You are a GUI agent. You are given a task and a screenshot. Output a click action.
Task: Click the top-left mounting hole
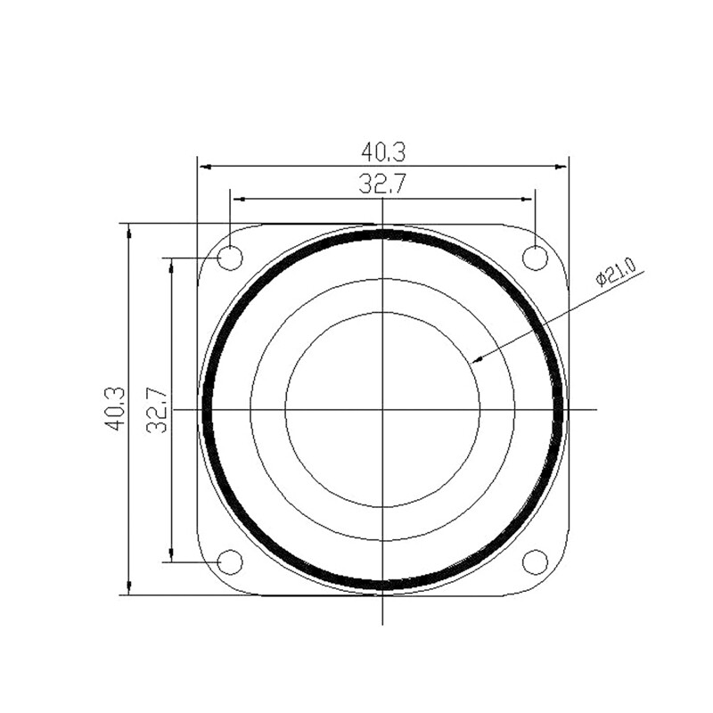230,258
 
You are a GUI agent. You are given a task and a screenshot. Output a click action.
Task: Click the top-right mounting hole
536,258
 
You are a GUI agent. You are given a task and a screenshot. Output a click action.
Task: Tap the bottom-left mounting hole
230,562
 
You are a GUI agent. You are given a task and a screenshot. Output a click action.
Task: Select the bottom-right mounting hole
536,562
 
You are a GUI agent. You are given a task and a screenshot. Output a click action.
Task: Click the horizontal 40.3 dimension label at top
383,152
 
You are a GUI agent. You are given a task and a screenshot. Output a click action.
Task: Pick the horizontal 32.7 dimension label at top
381,184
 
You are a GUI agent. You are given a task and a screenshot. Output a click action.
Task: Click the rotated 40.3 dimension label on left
114,409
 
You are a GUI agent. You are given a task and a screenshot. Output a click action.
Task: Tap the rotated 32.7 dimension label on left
158,410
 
